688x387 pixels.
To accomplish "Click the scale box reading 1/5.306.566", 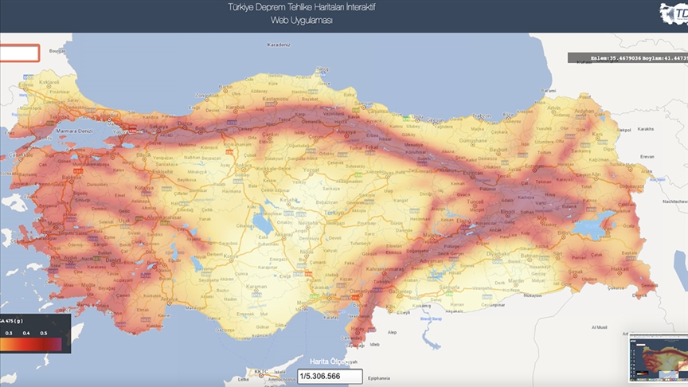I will click(330, 377).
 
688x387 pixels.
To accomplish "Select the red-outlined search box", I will click(19, 53).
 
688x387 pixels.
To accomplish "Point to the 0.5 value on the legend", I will click(44, 333).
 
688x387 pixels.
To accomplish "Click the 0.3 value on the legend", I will click(9, 333).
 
